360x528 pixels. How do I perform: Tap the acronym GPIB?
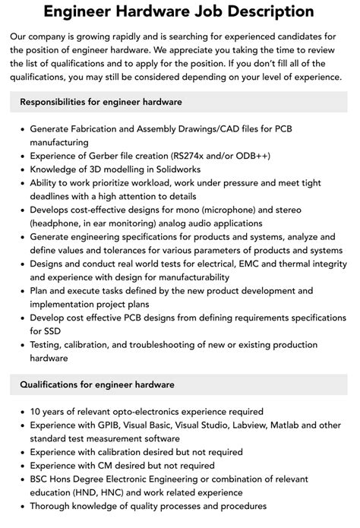(x=106, y=425)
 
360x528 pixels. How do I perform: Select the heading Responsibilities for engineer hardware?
(x=101, y=101)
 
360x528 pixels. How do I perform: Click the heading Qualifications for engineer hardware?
(x=97, y=384)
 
